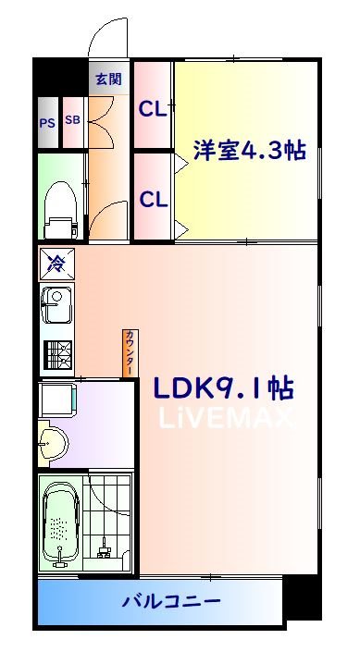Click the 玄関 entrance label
click(107, 79)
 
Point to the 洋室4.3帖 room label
click(249, 151)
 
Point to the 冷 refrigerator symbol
click(55, 263)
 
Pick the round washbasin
click(52, 441)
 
